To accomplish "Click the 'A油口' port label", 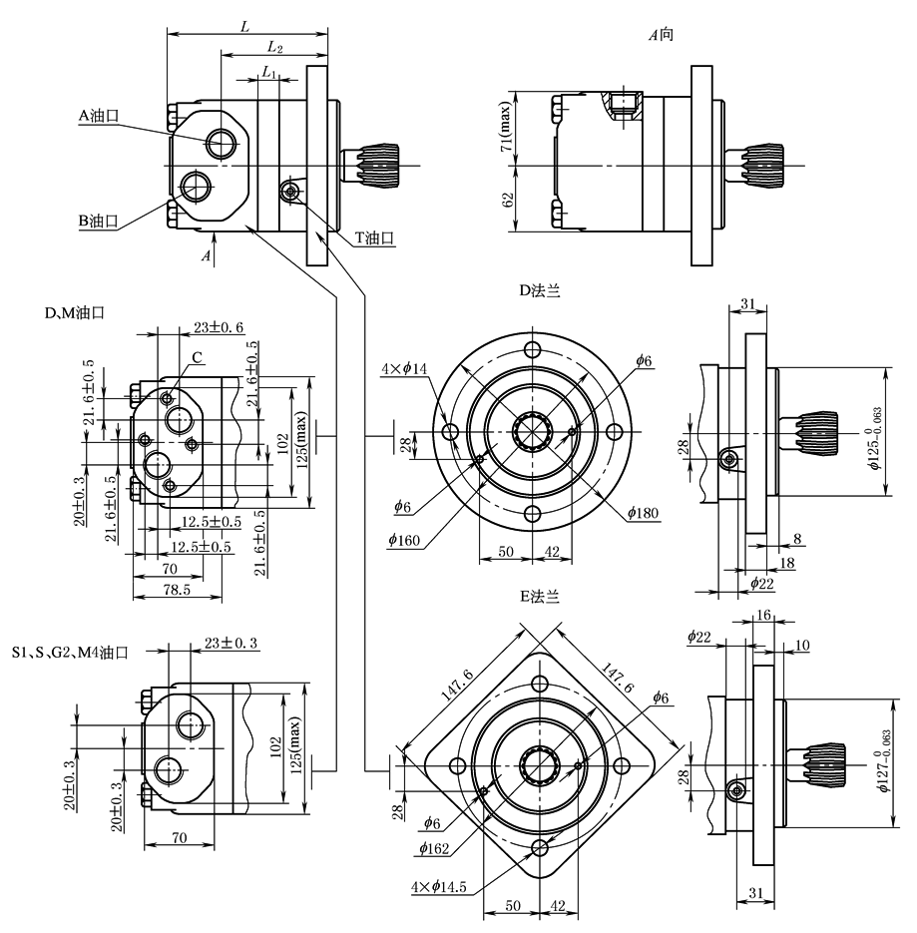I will (98, 116).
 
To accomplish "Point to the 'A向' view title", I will (662, 35).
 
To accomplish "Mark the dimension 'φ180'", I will (644, 513).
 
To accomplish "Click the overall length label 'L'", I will (245, 26).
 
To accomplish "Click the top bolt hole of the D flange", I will (534, 351).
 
